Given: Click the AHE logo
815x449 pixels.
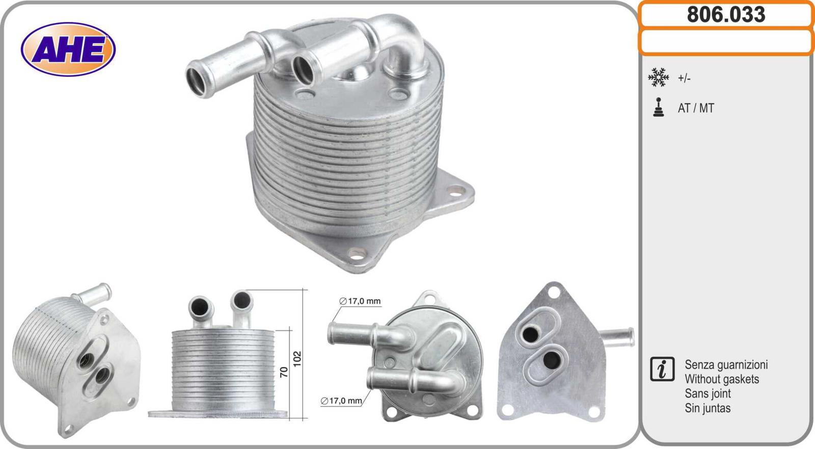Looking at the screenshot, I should [x=68, y=49].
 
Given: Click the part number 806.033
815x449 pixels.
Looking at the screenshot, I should [x=726, y=14].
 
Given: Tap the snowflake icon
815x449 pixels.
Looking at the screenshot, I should [x=658, y=77].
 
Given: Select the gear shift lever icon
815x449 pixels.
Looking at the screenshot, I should [x=659, y=108].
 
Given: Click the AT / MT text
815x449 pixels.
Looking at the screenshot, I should [x=696, y=108].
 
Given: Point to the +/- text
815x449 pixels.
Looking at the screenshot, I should [x=684, y=78].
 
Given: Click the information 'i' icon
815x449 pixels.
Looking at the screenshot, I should [x=662, y=369].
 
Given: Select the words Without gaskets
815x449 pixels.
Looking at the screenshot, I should [x=721, y=379].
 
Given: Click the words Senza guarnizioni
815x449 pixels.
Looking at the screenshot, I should [x=726, y=365].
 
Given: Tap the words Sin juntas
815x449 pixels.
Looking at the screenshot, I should [x=708, y=408].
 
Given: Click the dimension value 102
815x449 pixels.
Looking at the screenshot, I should [x=297, y=358].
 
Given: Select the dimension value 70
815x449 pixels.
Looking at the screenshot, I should [x=284, y=372].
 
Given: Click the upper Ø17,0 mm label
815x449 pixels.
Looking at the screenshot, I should [x=360, y=301].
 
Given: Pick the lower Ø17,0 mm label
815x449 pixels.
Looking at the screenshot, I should [x=341, y=401].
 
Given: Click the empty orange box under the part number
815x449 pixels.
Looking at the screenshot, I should [x=726, y=42].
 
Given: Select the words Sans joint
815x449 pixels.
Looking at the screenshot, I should [x=708, y=393].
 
